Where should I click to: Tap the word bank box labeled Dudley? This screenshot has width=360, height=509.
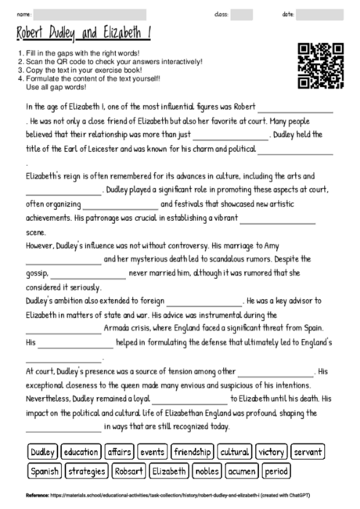pyautogui.click(x=42, y=452)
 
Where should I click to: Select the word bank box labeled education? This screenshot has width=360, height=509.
pyautogui.click(x=81, y=452)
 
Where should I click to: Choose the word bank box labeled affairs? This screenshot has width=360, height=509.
pyautogui.click(x=120, y=452)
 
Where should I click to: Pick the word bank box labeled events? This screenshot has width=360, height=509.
pyautogui.click(x=153, y=452)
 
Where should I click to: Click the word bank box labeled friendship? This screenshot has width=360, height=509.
pyautogui.click(x=193, y=452)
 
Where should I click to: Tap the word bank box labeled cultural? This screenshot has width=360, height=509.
pyautogui.click(x=234, y=452)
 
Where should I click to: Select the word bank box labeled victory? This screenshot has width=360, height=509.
pyautogui.click(x=271, y=452)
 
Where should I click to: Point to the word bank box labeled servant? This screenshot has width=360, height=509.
pyautogui.click(x=308, y=452)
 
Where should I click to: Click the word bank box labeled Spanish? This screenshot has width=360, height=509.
pyautogui.click(x=45, y=471)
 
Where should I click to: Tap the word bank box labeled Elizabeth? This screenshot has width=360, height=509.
pyautogui.click(x=169, y=471)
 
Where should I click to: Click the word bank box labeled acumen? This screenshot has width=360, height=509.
pyautogui.click(x=243, y=471)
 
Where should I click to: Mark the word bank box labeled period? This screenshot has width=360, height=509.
pyautogui.click(x=276, y=471)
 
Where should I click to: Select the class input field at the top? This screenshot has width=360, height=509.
pyautogui.click(x=242, y=14)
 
